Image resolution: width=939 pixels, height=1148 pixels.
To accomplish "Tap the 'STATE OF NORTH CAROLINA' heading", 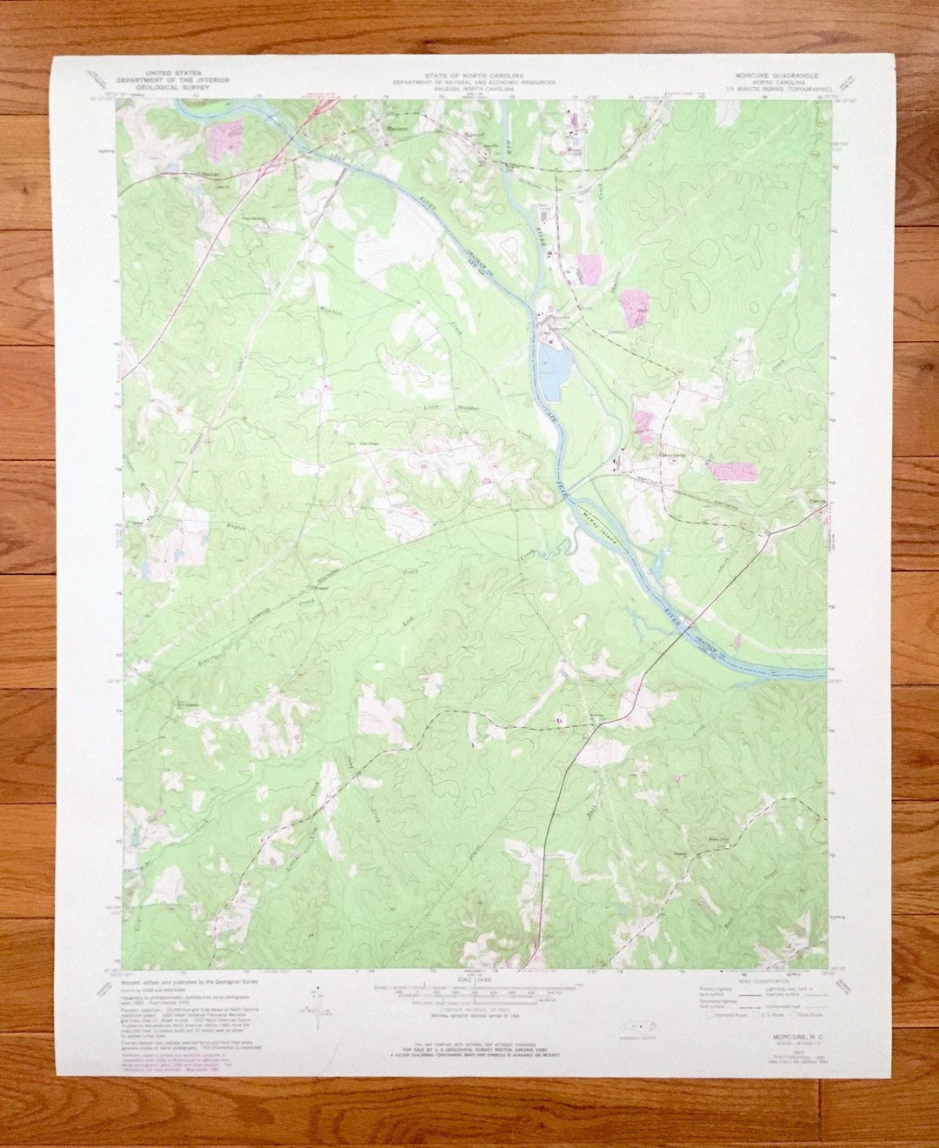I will [x=473, y=76].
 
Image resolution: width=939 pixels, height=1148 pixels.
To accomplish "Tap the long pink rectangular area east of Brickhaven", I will [x=732, y=471].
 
